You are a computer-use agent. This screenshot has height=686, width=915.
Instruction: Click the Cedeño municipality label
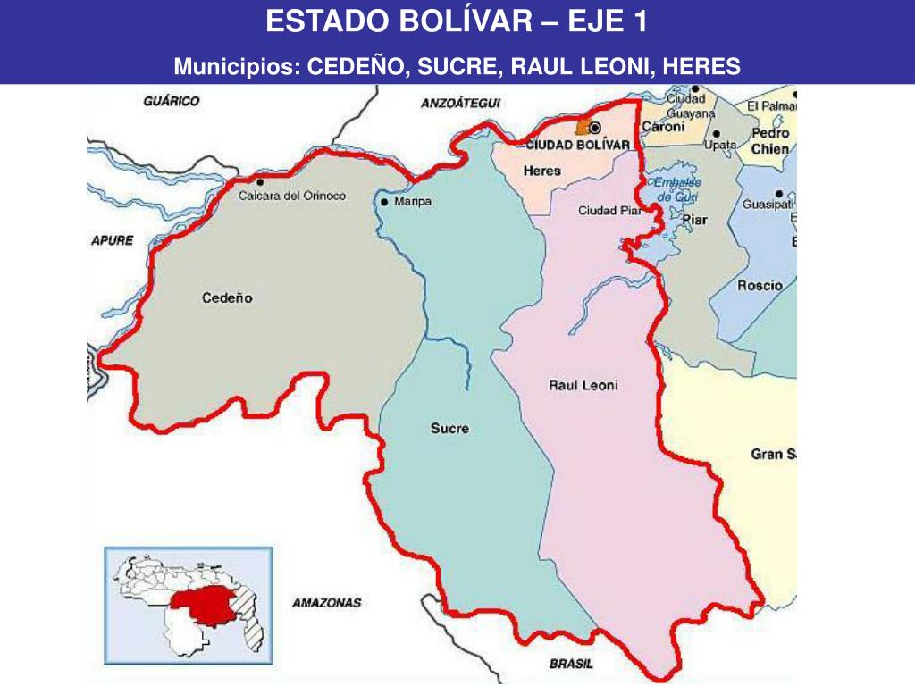pyautogui.click(x=227, y=298)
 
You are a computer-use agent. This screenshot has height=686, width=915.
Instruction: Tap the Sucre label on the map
pyautogui.click(x=449, y=429)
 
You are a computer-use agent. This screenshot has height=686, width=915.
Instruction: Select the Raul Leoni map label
pyautogui.click(x=583, y=386)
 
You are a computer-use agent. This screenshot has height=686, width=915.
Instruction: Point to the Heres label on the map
pyautogui.click(x=542, y=171)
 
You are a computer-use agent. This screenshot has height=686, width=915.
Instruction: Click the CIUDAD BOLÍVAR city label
pyautogui.click(x=578, y=145)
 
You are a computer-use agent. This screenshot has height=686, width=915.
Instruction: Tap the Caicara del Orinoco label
pyautogui.click(x=292, y=197)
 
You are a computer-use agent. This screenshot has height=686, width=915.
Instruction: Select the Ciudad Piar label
pyautogui.click(x=610, y=211)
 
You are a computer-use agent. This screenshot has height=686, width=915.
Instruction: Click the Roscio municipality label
pyautogui.click(x=760, y=286)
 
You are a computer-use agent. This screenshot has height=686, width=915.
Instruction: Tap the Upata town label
pyautogui.click(x=720, y=145)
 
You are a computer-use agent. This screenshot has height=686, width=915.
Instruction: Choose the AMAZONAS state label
pyautogui.click(x=326, y=603)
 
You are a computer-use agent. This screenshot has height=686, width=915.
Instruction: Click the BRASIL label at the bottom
pyautogui.click(x=571, y=664)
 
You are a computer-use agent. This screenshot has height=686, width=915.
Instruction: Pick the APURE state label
pyautogui.click(x=112, y=240)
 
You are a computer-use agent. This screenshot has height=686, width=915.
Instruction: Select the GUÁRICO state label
pyautogui.click(x=172, y=101)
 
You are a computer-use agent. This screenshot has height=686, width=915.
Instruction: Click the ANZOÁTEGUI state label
pyautogui.click(x=461, y=104)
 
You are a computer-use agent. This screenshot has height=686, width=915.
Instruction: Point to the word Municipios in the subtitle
pyautogui.click(x=237, y=66)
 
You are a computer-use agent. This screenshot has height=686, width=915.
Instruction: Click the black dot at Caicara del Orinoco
pyautogui.click(x=260, y=182)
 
